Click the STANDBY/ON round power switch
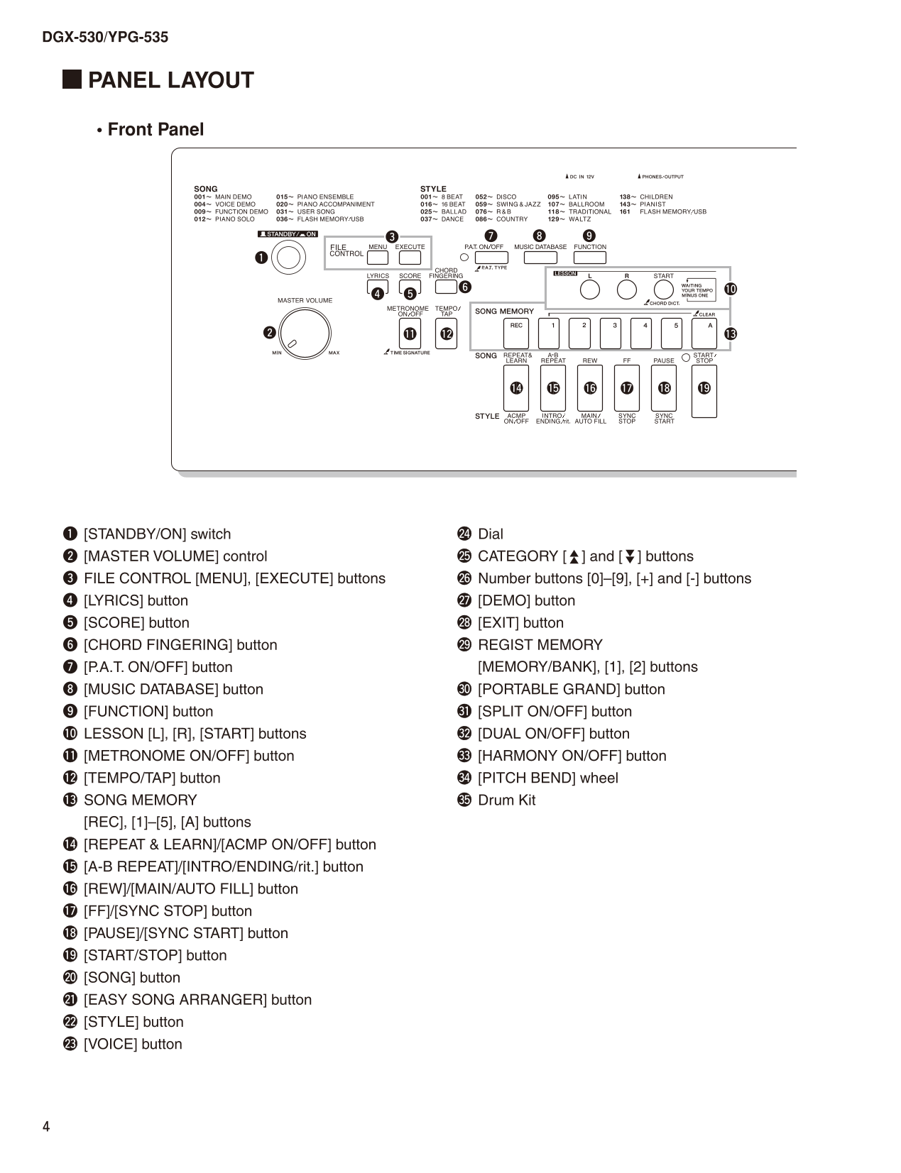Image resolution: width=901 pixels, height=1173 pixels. (288, 258)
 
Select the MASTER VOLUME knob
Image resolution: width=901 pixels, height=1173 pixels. (305, 333)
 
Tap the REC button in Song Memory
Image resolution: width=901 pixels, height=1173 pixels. (516, 334)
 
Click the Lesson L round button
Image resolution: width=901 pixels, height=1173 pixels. (589, 290)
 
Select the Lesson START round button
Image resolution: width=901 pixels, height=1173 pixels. (663, 290)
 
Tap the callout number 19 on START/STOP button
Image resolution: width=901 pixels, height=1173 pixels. (704, 388)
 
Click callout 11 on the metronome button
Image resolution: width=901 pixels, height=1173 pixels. (410, 334)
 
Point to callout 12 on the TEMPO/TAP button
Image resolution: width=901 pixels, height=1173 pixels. (447, 334)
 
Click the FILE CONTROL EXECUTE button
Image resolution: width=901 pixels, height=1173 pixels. (410, 258)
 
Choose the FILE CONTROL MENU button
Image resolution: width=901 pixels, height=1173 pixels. (377, 258)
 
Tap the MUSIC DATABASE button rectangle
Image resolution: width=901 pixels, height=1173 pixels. (540, 258)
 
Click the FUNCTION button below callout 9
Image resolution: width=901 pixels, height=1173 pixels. (590, 258)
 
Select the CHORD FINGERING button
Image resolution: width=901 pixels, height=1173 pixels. (445, 287)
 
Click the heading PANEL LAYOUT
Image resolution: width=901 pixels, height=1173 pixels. (170, 80)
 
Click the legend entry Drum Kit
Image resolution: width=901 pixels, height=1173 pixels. (506, 800)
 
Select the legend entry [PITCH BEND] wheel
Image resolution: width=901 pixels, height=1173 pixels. (547, 778)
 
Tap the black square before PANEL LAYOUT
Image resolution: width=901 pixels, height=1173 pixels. (71, 79)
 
